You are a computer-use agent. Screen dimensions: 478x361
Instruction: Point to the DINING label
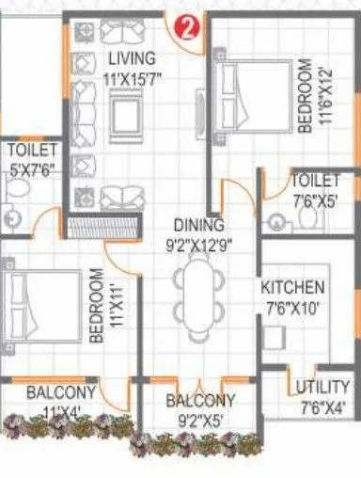click(197, 225)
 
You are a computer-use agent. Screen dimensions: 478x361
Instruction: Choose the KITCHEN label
click(294, 288)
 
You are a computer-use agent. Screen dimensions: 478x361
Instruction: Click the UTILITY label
click(322, 388)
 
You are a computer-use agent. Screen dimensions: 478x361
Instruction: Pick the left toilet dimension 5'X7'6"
click(32, 169)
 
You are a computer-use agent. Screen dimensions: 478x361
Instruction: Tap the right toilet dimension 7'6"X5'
click(315, 199)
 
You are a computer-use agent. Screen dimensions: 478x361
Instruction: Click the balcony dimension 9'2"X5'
click(200, 419)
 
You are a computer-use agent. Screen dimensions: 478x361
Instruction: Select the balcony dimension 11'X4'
click(60, 411)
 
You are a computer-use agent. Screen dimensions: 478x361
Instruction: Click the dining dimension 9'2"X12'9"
click(197, 243)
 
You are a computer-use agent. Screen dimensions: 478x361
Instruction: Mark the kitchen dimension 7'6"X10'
click(294, 307)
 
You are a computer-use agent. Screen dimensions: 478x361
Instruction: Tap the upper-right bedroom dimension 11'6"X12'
click(321, 97)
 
